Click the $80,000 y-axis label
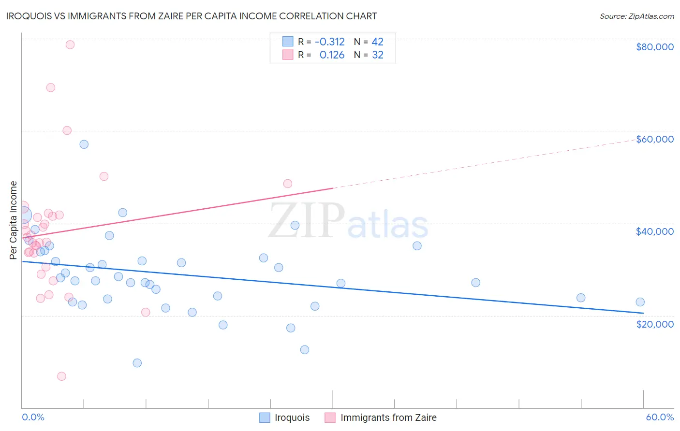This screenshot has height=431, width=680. pyautogui.click(x=654, y=47)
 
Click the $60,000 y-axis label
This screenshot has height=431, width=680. pyautogui.click(x=654, y=139)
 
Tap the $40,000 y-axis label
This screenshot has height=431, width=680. pyautogui.click(x=654, y=231)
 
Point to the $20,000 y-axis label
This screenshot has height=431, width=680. pyautogui.click(x=654, y=324)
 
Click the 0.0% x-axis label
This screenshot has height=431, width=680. pyautogui.click(x=33, y=417)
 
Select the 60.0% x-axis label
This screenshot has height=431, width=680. pyautogui.click(x=659, y=417)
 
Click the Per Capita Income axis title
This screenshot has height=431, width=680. pyautogui.click(x=13, y=220)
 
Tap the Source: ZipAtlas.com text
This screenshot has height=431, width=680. pyautogui.click(x=636, y=16)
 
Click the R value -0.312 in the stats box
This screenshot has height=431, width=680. pyautogui.click(x=329, y=42)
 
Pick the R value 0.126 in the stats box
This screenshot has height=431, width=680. pyautogui.click(x=332, y=55)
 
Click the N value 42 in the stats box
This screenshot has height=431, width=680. pyautogui.click(x=377, y=42)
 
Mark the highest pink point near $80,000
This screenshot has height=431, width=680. pyautogui.click(x=70, y=44)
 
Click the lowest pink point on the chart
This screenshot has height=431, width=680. pyautogui.click(x=61, y=376)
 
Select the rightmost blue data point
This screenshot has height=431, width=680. pyautogui.click(x=640, y=302)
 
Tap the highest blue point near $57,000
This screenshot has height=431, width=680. pyautogui.click(x=84, y=144)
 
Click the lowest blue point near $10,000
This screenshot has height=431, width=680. pyautogui.click(x=137, y=363)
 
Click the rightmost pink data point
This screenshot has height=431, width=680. pyautogui.click(x=287, y=184)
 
